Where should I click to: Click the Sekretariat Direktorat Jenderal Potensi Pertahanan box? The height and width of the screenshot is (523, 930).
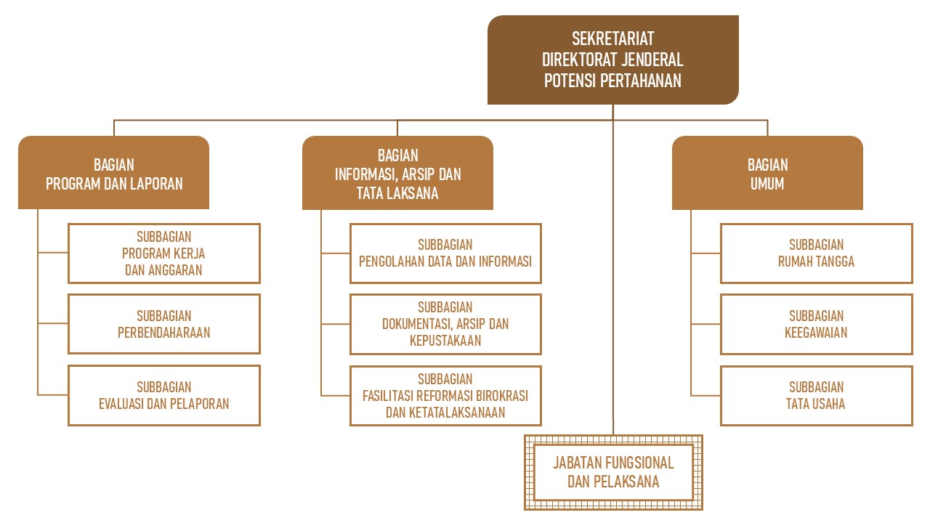(612, 60)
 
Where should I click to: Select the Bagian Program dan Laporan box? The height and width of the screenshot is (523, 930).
(114, 174)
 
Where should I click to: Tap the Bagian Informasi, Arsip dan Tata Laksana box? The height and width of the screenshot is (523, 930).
(397, 174)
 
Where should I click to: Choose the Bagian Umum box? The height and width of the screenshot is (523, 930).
(767, 174)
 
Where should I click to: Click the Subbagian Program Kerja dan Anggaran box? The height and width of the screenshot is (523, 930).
(163, 253)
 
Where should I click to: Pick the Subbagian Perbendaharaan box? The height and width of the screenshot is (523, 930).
(163, 324)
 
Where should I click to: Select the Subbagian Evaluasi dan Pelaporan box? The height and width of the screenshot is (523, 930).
(163, 395)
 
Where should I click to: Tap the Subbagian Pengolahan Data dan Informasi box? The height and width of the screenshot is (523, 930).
(445, 253)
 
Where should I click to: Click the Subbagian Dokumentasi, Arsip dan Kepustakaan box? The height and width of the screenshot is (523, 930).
(445, 324)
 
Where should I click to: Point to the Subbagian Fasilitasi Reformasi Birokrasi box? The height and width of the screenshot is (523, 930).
(445, 395)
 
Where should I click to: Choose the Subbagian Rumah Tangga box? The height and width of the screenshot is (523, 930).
(816, 253)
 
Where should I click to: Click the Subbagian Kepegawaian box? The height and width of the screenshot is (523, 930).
(816, 324)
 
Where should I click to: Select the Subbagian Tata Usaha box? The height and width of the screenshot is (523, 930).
(816, 395)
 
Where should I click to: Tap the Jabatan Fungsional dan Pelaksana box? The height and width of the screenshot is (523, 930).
(613, 472)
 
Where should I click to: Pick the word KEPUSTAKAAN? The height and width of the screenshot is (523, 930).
(445, 340)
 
